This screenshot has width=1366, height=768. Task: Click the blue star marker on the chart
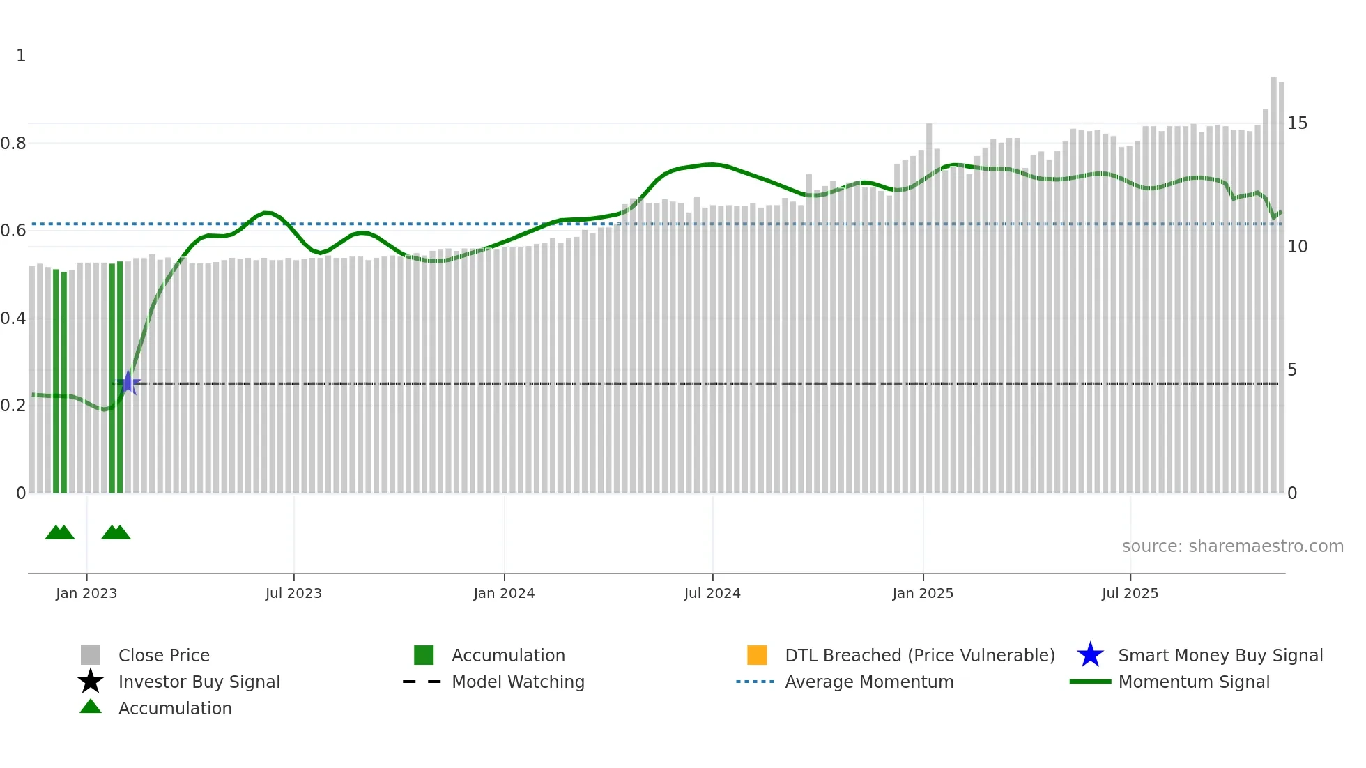[x=128, y=383]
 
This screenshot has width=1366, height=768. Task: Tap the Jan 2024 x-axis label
[x=504, y=593]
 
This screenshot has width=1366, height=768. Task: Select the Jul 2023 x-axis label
[x=293, y=593]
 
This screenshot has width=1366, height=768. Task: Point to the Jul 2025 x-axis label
[x=1130, y=593]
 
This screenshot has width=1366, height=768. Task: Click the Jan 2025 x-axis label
[x=923, y=593]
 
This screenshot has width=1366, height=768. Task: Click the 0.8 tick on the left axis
[x=13, y=144]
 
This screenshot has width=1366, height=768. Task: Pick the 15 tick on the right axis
[x=1297, y=123]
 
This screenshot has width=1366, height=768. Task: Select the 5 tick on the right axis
[x=1292, y=370]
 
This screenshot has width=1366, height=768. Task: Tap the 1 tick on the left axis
[x=21, y=56]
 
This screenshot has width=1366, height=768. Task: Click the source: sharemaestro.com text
[x=1232, y=546]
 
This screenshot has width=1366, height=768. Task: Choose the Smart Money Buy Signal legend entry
[x=1220, y=655]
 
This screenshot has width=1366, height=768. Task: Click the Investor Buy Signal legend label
[x=199, y=682]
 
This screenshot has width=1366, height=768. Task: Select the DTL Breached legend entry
[x=919, y=655]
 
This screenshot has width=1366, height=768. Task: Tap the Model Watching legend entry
[x=517, y=682]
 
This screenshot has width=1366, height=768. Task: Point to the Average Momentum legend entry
[x=868, y=682]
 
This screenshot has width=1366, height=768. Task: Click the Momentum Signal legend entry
[x=1193, y=682]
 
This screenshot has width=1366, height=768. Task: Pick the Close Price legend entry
[x=163, y=655]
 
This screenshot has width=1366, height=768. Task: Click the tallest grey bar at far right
[x=1273, y=279]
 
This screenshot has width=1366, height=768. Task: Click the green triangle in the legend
[x=91, y=707]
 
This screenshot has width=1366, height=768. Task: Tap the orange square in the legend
[x=757, y=655]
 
